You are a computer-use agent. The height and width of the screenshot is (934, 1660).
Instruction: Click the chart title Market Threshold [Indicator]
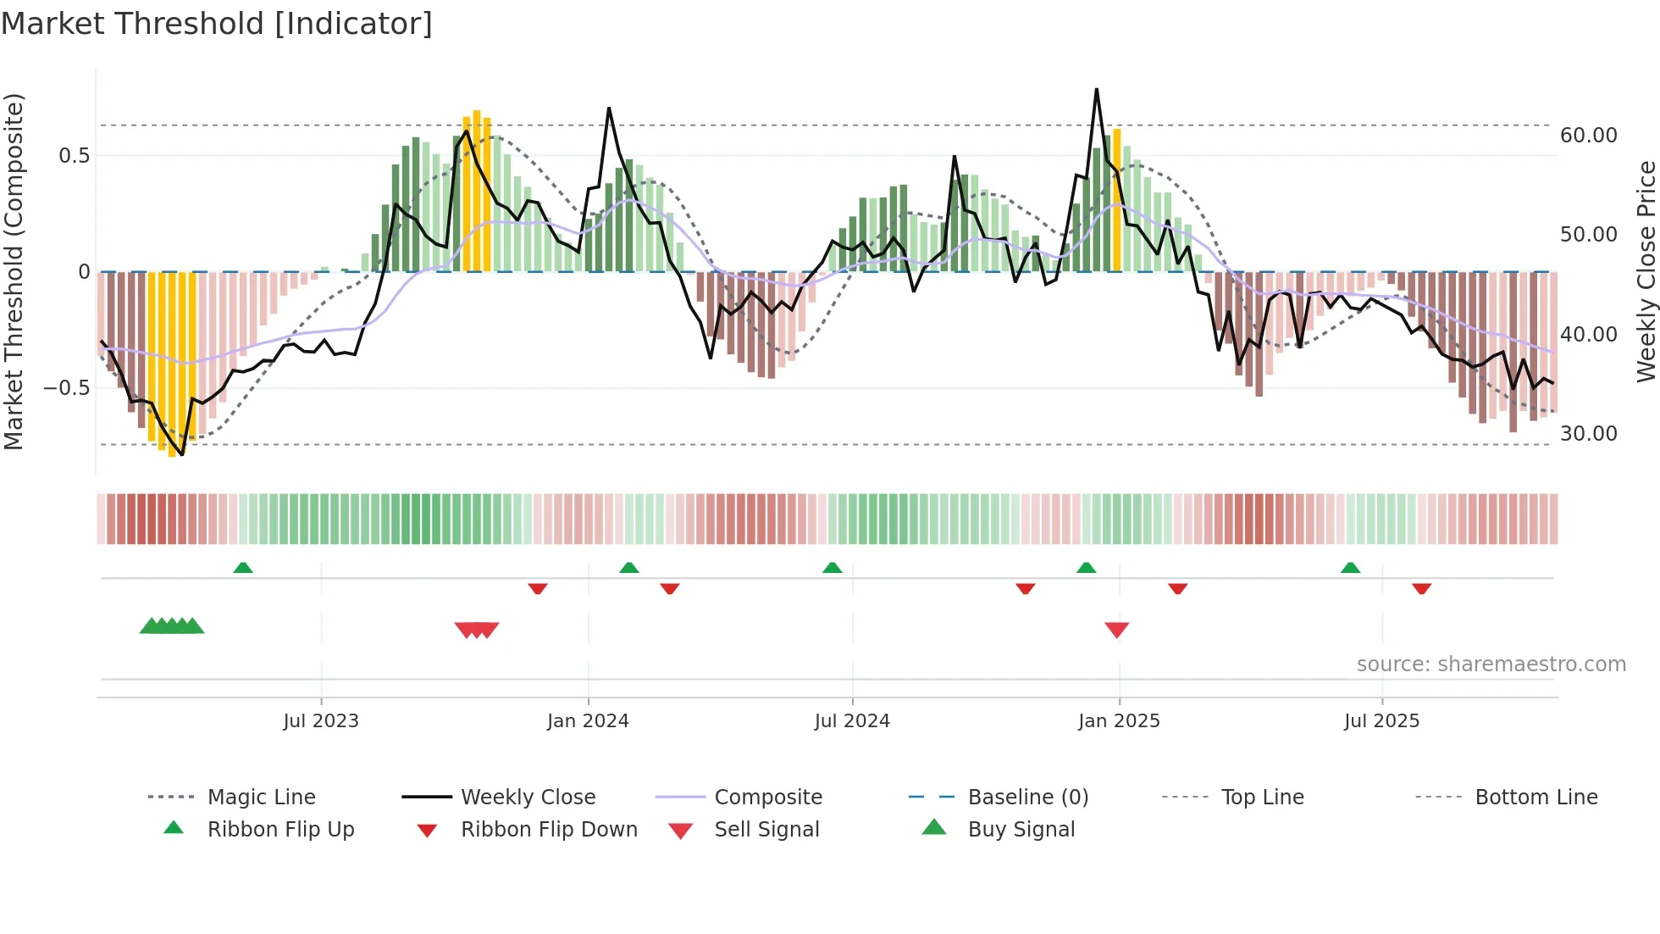tap(217, 24)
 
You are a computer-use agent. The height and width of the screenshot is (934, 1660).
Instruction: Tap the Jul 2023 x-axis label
tap(321, 721)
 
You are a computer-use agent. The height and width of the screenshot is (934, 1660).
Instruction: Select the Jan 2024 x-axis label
tap(588, 721)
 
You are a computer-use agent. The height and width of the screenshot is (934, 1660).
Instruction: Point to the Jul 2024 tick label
tap(852, 721)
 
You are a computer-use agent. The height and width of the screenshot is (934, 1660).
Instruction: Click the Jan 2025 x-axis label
tap(1119, 721)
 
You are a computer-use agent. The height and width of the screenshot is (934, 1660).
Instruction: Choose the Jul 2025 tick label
tap(1381, 721)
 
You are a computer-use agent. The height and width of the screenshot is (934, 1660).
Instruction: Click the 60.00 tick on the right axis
tap(1588, 136)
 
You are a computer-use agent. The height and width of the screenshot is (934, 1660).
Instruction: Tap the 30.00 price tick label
tap(1588, 434)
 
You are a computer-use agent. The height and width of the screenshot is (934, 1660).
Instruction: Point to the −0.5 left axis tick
tap(67, 388)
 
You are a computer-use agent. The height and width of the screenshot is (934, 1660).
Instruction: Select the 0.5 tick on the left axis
tap(75, 156)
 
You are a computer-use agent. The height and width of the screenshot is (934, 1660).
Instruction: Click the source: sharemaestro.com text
tap(1491, 664)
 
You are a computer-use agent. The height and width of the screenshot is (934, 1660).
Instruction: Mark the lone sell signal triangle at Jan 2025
tap(1116, 630)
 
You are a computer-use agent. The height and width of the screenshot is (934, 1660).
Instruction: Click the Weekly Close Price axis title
tap(1646, 271)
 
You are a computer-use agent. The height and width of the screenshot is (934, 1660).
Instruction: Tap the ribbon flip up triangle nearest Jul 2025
tap(1350, 568)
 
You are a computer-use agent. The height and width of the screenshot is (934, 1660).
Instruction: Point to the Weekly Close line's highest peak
tap(1096, 90)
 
